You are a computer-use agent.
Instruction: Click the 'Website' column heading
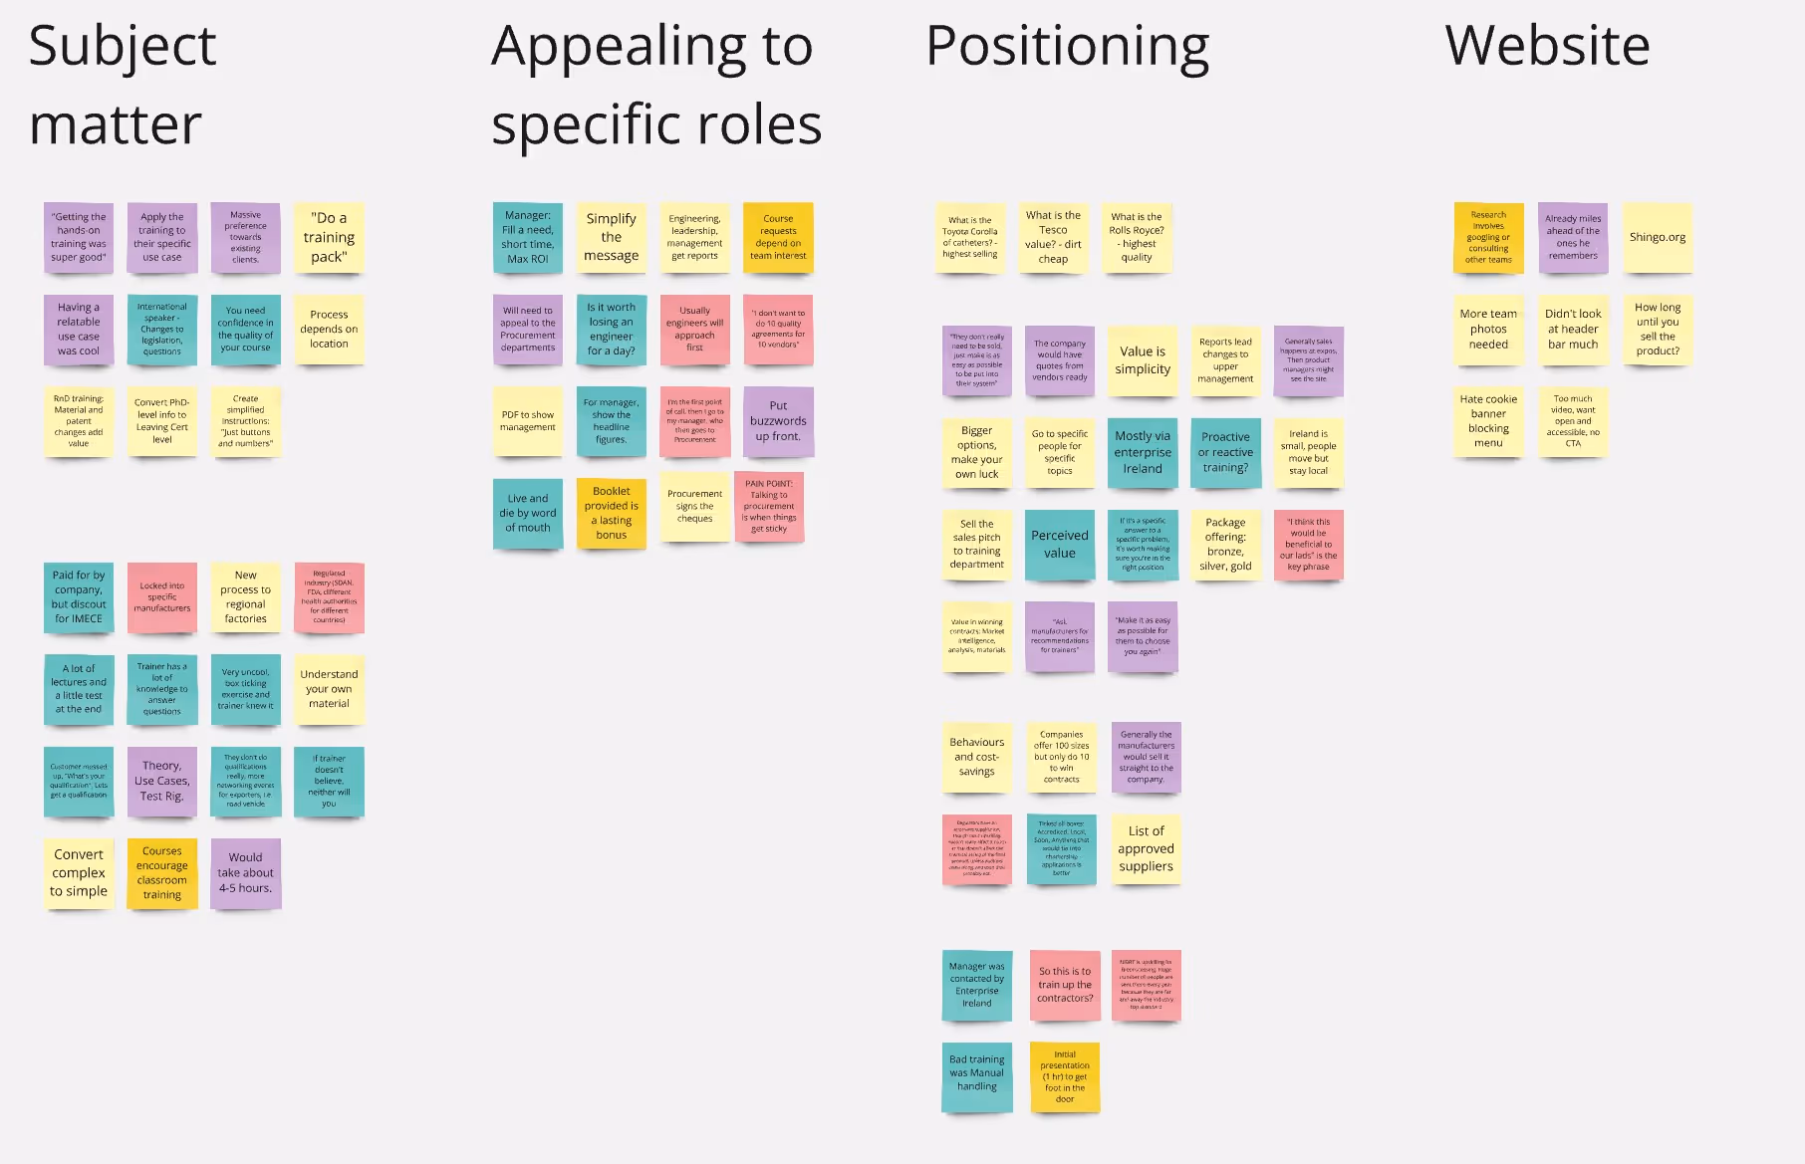click(x=1547, y=46)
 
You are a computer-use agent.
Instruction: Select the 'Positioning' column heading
click(x=1067, y=46)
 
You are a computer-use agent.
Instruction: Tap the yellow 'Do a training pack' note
click(x=329, y=238)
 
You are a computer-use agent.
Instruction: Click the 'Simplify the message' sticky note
click(x=611, y=238)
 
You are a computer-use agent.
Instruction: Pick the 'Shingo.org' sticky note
click(x=1658, y=238)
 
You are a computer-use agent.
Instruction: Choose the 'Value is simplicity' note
click(x=1143, y=360)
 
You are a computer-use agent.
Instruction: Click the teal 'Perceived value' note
click(x=1060, y=545)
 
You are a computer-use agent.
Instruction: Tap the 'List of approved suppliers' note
click(x=1146, y=849)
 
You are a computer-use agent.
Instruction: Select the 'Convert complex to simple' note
click(x=79, y=873)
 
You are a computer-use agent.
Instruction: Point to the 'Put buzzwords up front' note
click(x=778, y=421)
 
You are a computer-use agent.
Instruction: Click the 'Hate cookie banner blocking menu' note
click(x=1488, y=421)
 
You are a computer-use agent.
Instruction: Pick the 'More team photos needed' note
click(x=1488, y=330)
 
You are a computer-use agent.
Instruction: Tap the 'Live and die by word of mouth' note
click(x=528, y=514)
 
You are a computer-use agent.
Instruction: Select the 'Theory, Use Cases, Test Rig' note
click(x=161, y=782)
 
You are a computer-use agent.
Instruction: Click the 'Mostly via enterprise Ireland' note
click(x=1143, y=453)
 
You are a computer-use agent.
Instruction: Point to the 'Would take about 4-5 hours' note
click(x=245, y=873)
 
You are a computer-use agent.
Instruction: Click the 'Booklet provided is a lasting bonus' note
click(x=611, y=514)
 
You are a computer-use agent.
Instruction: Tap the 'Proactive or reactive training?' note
click(x=1225, y=453)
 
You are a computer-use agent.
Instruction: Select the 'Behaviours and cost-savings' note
click(x=976, y=758)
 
